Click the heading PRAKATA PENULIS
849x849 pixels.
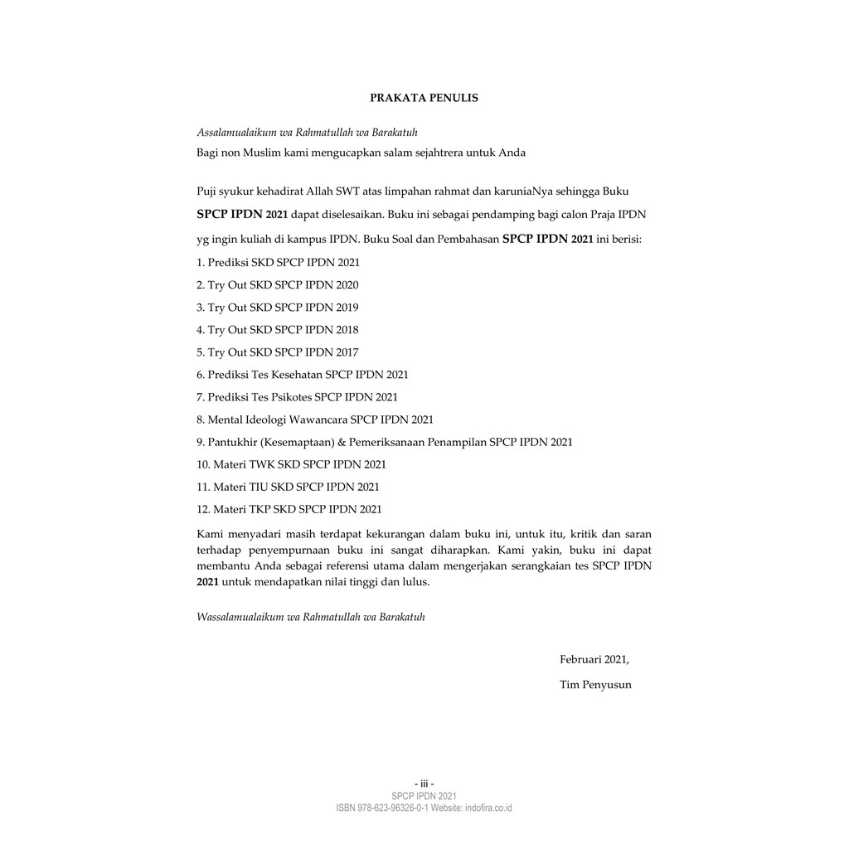424,98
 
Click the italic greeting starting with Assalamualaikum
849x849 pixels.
307,133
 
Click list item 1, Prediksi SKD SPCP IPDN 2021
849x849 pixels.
279,262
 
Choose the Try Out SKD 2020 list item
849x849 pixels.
278,284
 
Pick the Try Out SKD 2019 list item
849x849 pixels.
278,307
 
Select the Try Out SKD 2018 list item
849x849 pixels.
278,329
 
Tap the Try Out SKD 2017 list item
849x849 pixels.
278,352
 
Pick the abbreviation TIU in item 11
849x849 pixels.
259,487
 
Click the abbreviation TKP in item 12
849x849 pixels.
260,509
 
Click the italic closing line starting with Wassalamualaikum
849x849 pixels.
311,617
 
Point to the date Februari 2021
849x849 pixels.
594,660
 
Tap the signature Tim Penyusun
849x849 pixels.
595,685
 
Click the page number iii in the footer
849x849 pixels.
424,784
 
